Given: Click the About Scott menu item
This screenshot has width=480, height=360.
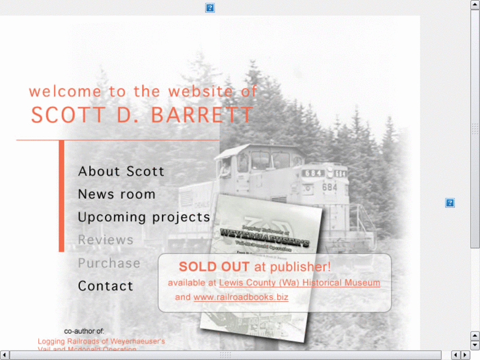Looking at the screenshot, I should pyautogui.click(x=121, y=172).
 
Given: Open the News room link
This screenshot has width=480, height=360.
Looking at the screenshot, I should pyautogui.click(x=117, y=194).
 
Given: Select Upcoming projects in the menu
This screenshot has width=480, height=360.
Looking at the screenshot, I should pyautogui.click(x=144, y=217).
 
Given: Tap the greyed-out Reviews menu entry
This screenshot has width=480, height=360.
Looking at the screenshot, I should pyautogui.click(x=106, y=240).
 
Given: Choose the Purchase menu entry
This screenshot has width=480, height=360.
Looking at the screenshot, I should pyautogui.click(x=109, y=263).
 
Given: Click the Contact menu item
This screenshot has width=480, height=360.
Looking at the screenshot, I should pyautogui.click(x=106, y=286).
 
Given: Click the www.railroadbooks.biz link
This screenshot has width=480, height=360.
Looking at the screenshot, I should pyautogui.click(x=241, y=297).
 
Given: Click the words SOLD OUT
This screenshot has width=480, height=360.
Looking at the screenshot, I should pyautogui.click(x=214, y=267).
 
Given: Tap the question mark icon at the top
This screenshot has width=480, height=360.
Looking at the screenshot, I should pyautogui.click(x=210, y=8).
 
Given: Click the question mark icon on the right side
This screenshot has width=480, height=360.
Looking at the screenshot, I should pyautogui.click(x=450, y=203).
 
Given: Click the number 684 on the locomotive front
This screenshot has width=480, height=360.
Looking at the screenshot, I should pyautogui.click(x=329, y=187).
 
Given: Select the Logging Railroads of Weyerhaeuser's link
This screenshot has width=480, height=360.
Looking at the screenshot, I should pyautogui.click(x=101, y=342).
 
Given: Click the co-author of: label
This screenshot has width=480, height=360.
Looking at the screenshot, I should pyautogui.click(x=84, y=331).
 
